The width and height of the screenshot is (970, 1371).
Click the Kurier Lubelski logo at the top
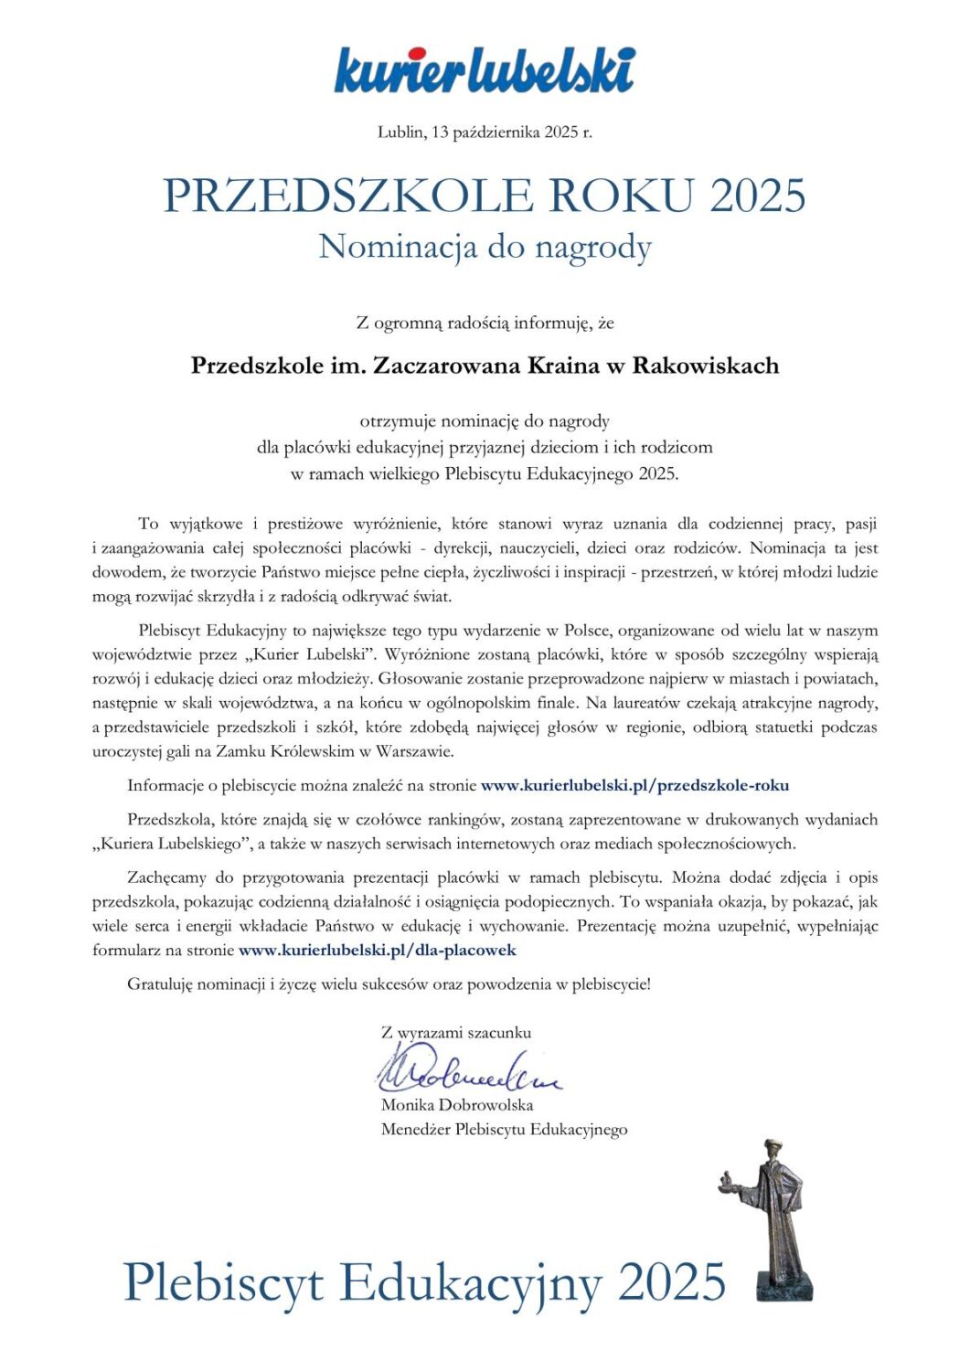coord(485,69)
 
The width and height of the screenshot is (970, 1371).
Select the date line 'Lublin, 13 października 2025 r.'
coord(485,132)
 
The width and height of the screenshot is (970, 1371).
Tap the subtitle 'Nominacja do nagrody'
coord(485,247)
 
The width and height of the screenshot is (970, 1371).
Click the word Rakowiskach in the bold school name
coord(706,366)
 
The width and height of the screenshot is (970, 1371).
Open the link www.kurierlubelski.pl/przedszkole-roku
coord(634,785)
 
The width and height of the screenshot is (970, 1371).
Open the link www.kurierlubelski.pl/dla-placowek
coord(377,951)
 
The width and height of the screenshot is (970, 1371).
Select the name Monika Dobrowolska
coord(457,1105)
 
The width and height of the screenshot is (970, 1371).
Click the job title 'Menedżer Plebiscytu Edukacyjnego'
coord(504,1130)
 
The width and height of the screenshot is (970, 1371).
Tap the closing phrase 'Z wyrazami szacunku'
coord(455,1033)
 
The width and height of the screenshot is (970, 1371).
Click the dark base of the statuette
coord(783,1284)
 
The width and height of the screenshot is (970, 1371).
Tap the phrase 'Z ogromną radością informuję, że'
coord(485,323)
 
